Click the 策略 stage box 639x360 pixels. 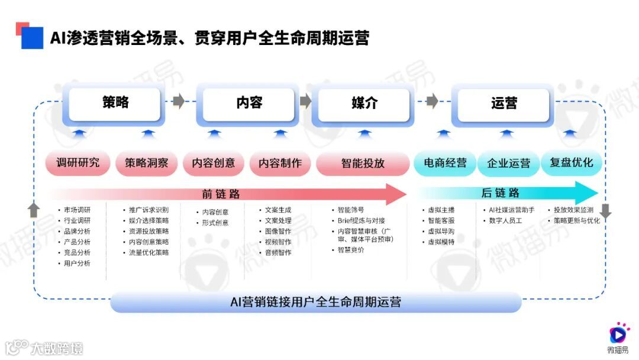pos(115,104)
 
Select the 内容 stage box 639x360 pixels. pos(248,104)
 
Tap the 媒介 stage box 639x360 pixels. pos(364,104)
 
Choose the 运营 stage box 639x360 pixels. pos(504,104)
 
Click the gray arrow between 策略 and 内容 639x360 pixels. pos(178,101)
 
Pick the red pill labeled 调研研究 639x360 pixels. pos(78,163)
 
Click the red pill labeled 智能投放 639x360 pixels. pos(363,163)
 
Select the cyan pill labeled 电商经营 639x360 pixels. pos(445,163)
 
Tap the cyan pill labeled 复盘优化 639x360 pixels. pos(571,163)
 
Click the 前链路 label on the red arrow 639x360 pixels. pos(221,194)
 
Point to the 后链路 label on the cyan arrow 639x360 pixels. pos(500,193)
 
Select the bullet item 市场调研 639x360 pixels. pos(77,210)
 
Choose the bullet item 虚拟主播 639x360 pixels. pos(441,210)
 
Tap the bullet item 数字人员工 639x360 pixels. pos(502,221)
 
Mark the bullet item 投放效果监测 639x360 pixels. pos(573,210)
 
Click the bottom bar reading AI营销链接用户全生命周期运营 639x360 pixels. pos(315,302)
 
